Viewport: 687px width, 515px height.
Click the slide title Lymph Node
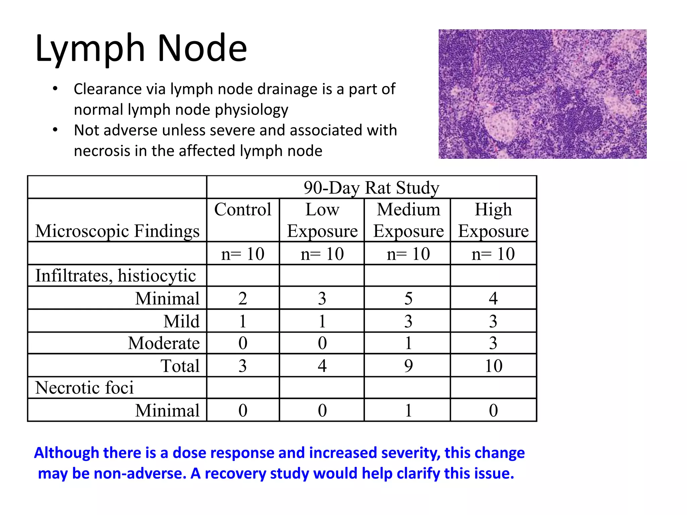pos(141,49)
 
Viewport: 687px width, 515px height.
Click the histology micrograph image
pos(542,94)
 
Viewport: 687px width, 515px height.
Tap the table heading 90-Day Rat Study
pos(371,187)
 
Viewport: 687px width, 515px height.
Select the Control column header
pos(243,210)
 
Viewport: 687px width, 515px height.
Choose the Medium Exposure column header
pos(408,220)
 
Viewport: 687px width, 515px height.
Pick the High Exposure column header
pos(493,220)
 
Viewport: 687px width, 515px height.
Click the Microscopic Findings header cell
pos(117,231)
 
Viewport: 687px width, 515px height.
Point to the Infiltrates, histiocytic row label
pos(116,276)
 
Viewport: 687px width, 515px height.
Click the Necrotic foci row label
pos(85,388)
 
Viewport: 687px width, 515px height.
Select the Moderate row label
pos(164,343)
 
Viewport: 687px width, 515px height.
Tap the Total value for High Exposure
pos(493,365)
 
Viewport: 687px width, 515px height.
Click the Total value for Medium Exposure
pos(408,365)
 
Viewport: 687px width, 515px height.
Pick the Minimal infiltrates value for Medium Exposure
pos(408,298)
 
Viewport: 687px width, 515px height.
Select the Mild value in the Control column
pos(243,321)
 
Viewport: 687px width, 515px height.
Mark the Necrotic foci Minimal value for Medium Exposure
pos(408,410)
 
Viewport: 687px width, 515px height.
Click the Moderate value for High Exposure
pos(493,343)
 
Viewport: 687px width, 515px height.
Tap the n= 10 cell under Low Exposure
pos(322,254)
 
